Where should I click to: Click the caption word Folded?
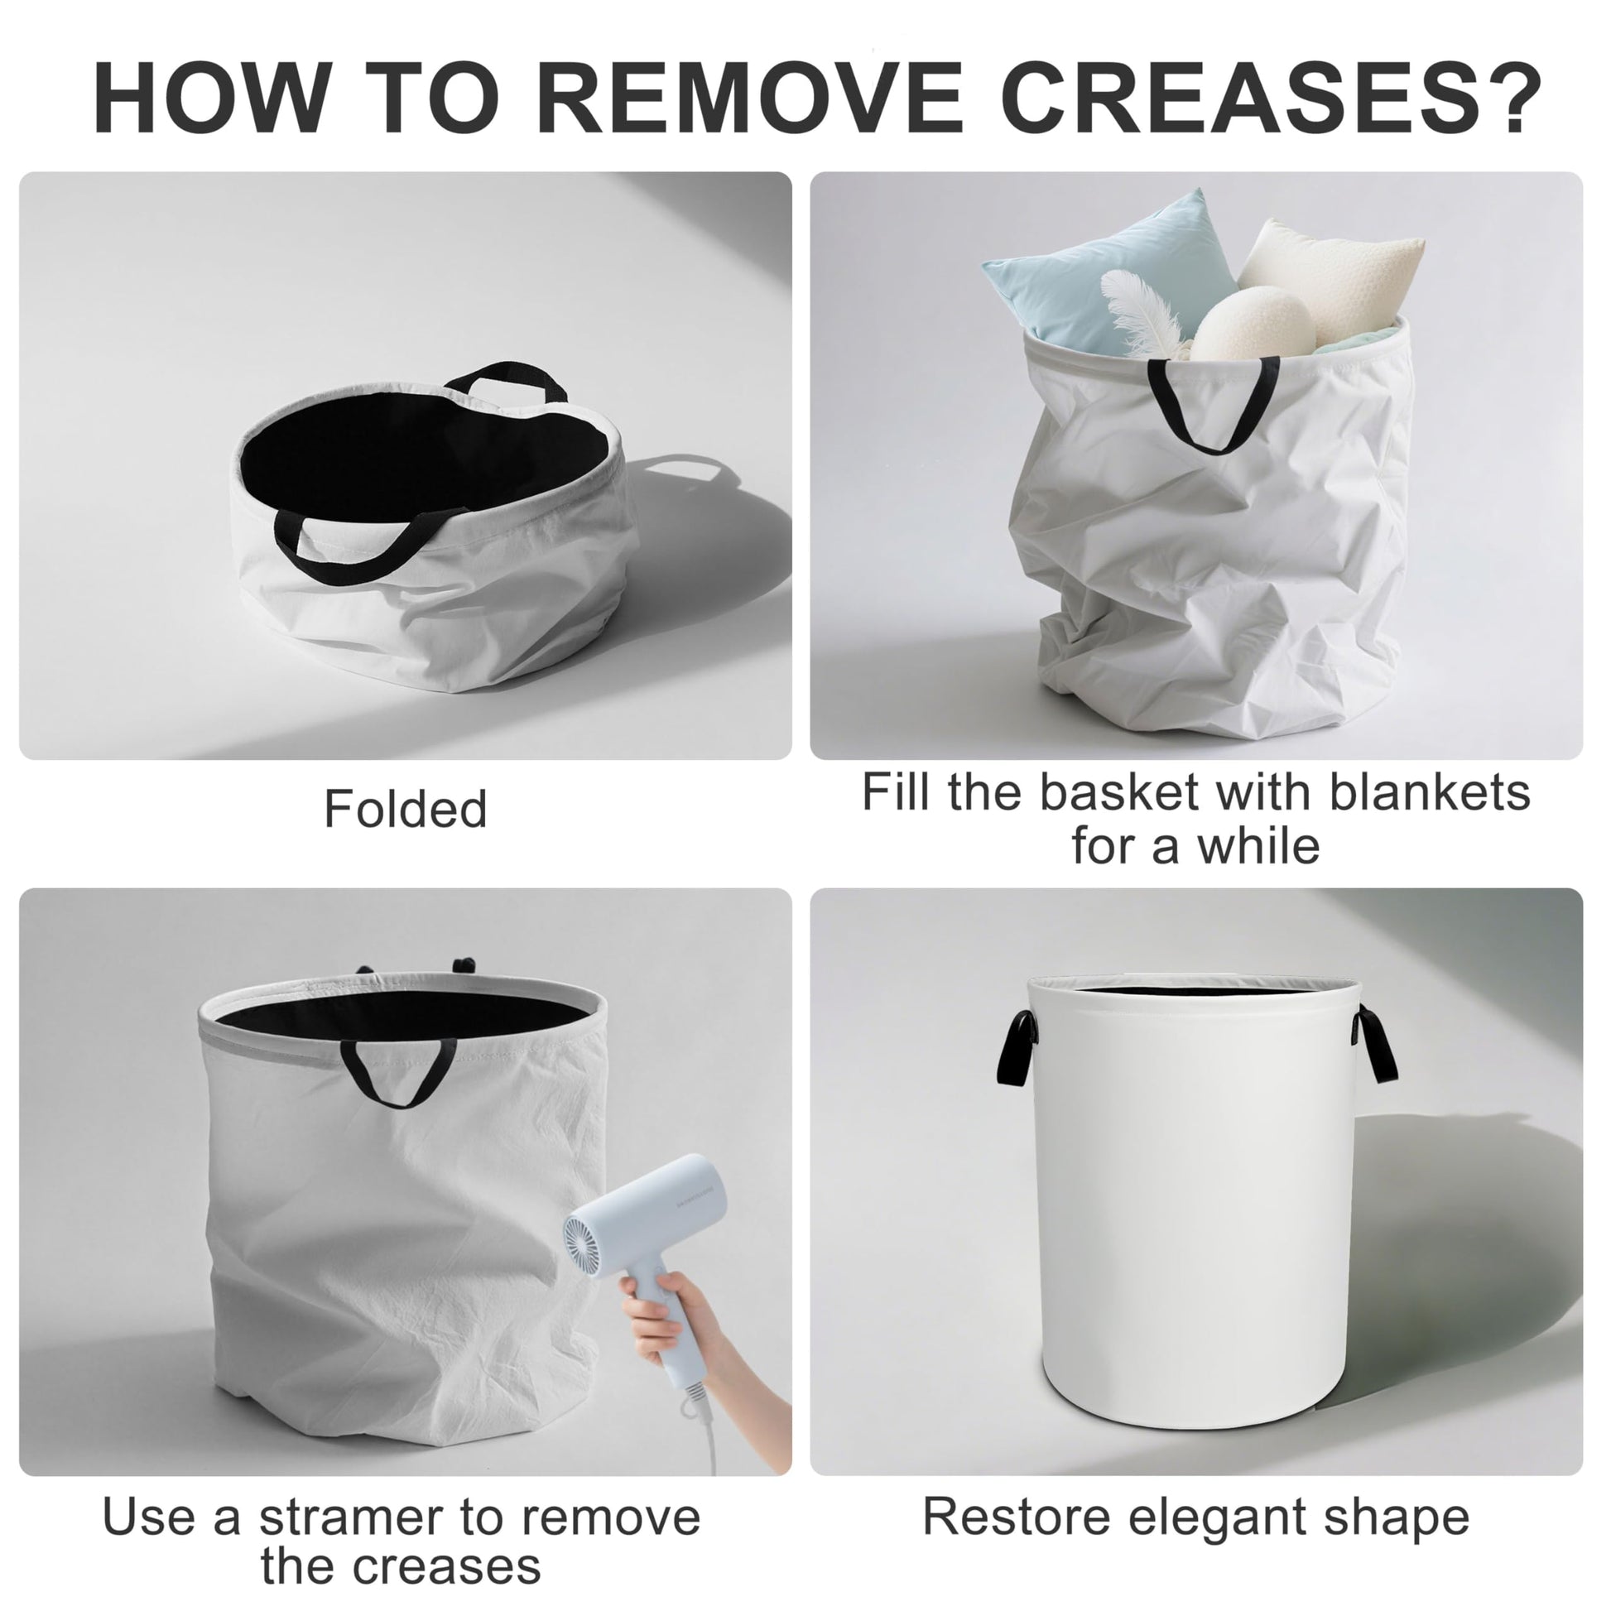[406, 808]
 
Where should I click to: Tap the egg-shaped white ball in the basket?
[1251, 325]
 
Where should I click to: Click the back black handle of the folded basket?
[505, 380]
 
